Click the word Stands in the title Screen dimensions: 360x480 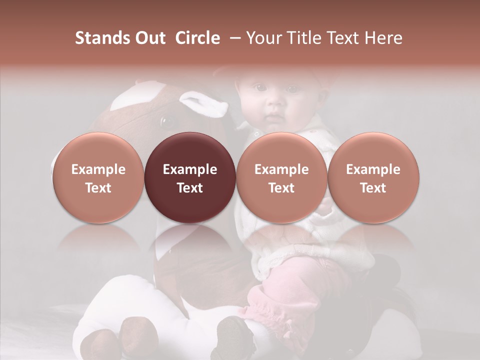pos(104,38)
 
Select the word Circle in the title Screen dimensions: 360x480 pos(197,38)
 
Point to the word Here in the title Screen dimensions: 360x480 pos(383,38)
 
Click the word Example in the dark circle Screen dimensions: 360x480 pos(190,169)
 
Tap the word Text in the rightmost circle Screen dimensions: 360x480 pos(373,188)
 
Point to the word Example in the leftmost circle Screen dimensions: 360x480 pos(98,169)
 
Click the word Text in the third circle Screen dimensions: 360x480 pos(281,188)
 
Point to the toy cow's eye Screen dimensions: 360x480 pos(167,121)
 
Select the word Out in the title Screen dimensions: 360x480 pos(151,38)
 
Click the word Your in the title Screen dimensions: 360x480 pos(262,38)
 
